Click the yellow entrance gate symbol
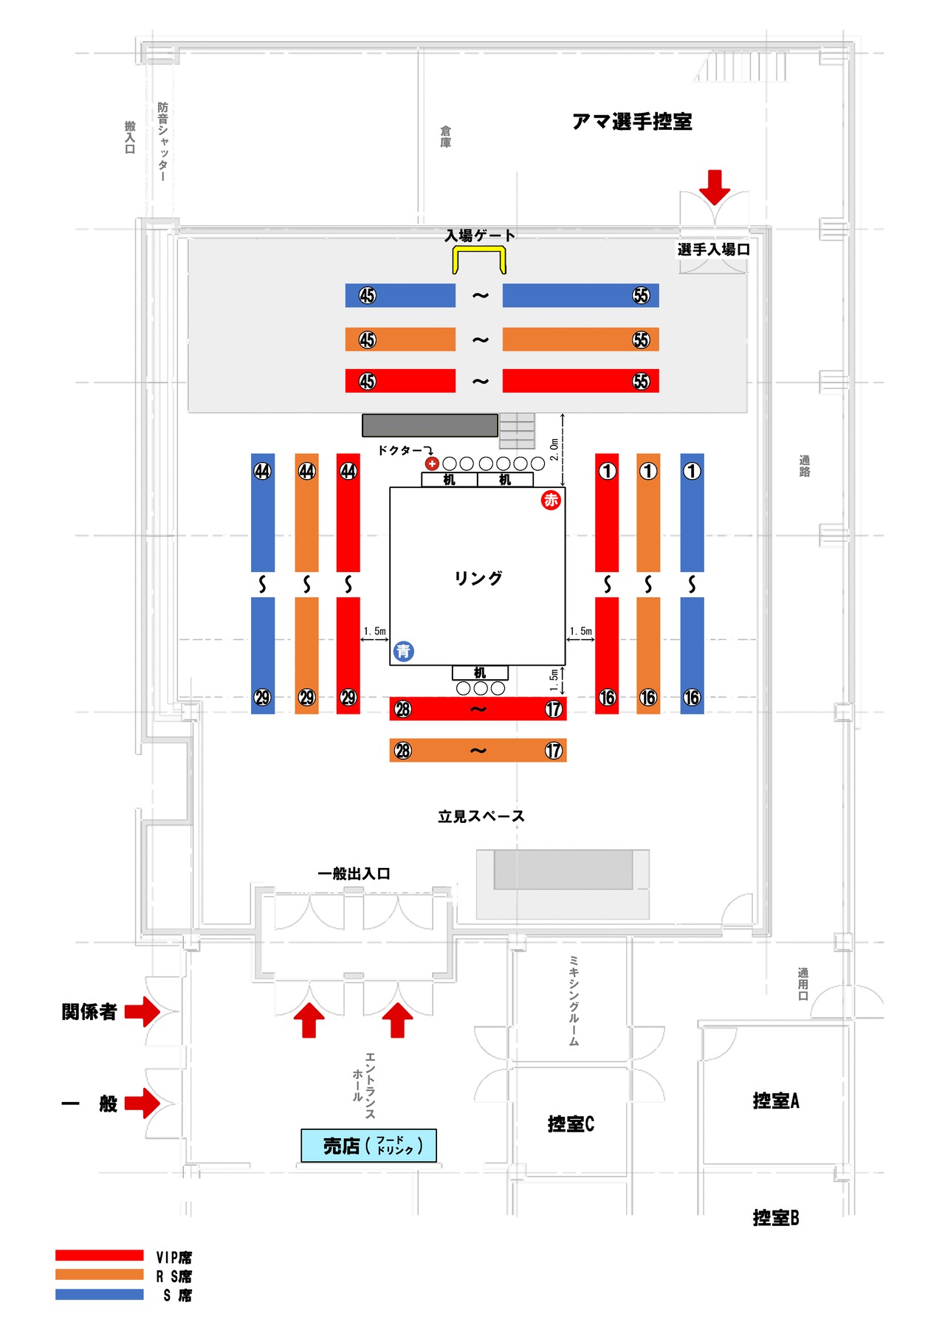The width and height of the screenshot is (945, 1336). point(479,259)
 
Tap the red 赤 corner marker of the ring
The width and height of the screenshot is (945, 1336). point(551,500)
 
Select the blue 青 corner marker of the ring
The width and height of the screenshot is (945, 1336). point(403,651)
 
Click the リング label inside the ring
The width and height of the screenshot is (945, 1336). point(478,578)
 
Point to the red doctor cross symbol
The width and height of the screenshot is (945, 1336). point(432,464)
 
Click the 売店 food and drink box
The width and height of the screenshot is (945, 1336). point(368,1146)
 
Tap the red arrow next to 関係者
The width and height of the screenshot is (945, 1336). point(142,1011)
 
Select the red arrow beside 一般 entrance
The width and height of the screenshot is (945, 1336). point(142,1103)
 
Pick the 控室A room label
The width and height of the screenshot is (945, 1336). point(776,1101)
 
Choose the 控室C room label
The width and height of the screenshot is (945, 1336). point(571,1123)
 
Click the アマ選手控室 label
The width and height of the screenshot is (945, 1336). point(632,122)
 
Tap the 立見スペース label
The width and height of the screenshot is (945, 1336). point(481,816)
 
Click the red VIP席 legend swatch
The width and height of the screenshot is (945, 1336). point(99,1256)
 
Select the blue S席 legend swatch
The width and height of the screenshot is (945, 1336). point(99,1295)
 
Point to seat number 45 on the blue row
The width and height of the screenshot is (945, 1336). point(368,296)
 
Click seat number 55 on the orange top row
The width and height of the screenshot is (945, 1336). point(641,340)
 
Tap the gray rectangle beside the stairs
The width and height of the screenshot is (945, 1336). point(430,425)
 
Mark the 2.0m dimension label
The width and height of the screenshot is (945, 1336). point(554,450)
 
